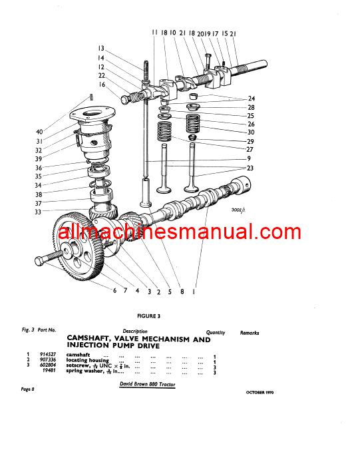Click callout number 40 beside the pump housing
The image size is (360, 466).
tap(39, 131)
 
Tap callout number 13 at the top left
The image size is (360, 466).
tap(101, 48)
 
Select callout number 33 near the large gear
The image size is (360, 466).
tap(39, 212)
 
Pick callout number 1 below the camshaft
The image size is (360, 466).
tap(194, 291)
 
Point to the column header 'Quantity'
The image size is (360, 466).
tap(215, 332)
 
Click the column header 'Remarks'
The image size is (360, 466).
tap(250, 332)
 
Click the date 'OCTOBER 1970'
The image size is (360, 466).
tap(256, 392)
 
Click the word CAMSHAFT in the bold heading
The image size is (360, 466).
tap(94, 340)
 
